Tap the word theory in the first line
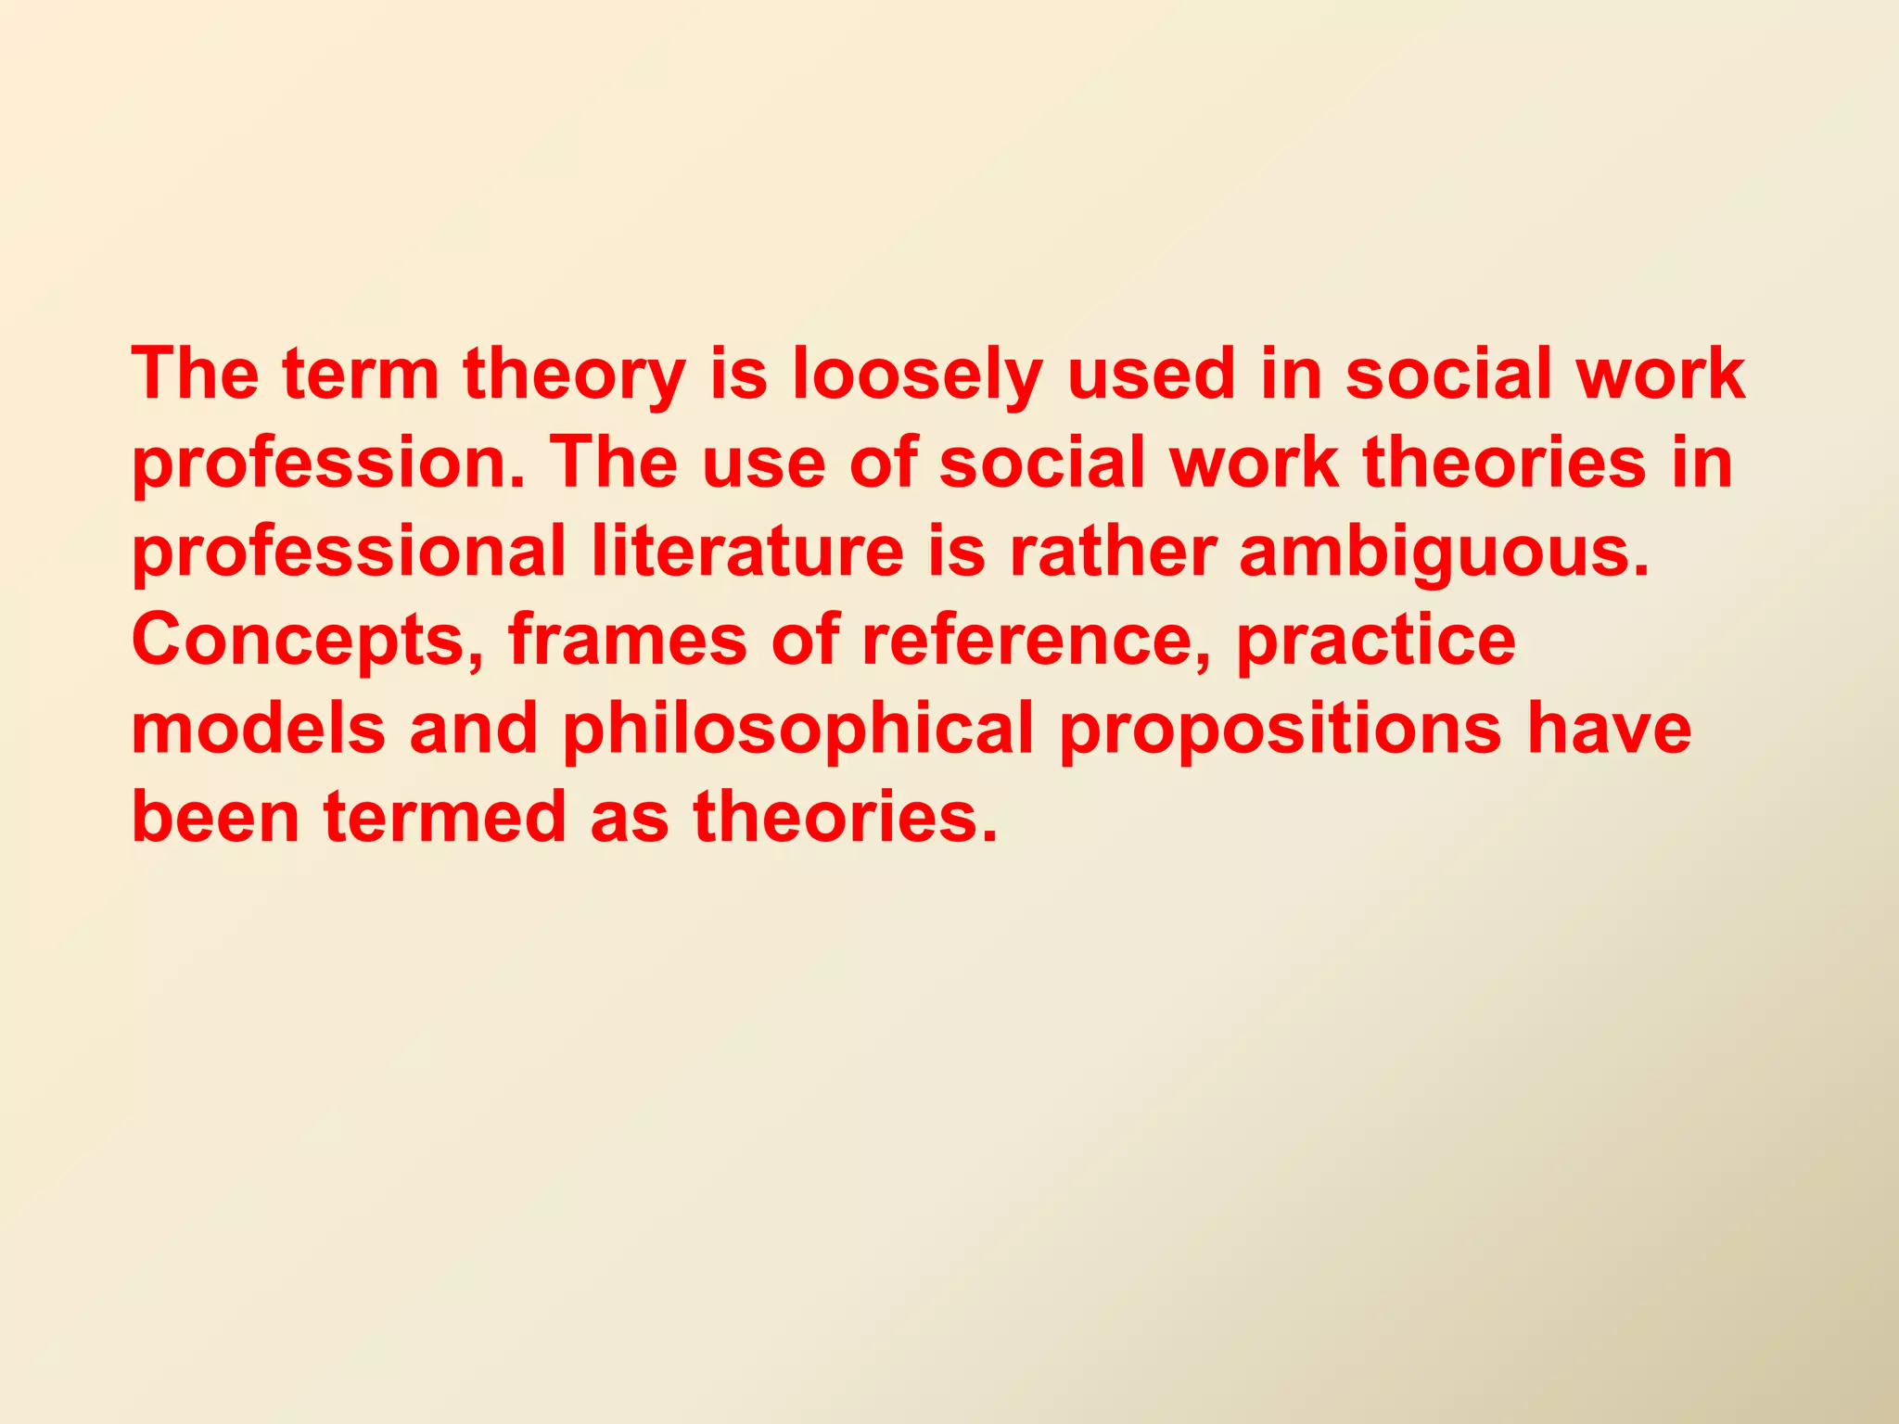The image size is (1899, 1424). pyautogui.click(x=574, y=375)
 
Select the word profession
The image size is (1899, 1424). pyautogui.click(x=329, y=464)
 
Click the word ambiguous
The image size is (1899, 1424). pyautogui.click(x=1444, y=553)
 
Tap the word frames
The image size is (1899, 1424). pyautogui.click(x=627, y=641)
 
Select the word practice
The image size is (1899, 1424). pyautogui.click(x=1376, y=641)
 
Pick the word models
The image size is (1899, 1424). pyautogui.click(x=258, y=730)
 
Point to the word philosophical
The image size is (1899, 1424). pyautogui.click(x=797, y=730)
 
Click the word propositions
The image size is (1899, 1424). pyautogui.click(x=1281, y=730)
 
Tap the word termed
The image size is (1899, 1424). pyautogui.click(x=444, y=818)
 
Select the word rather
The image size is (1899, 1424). pyautogui.click(x=1112, y=553)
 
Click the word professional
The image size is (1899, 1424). pyautogui.click(x=349, y=553)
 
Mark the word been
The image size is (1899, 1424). pyautogui.click(x=215, y=818)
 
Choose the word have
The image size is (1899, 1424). pyautogui.click(x=1609, y=730)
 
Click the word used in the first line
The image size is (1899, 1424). pyautogui.click(x=1152, y=375)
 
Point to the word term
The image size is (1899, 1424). pyautogui.click(x=361, y=375)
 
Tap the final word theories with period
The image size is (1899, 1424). pyautogui.click(x=846, y=818)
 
